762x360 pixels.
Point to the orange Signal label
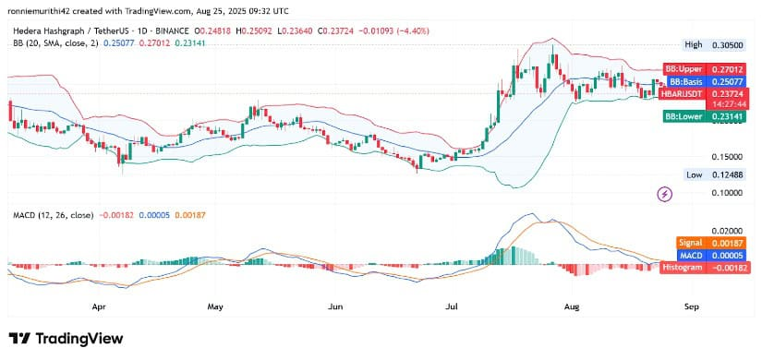click(x=691, y=243)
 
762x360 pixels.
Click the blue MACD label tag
click(x=691, y=255)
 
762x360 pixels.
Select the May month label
click(x=215, y=304)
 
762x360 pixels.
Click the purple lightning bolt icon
click(x=664, y=194)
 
